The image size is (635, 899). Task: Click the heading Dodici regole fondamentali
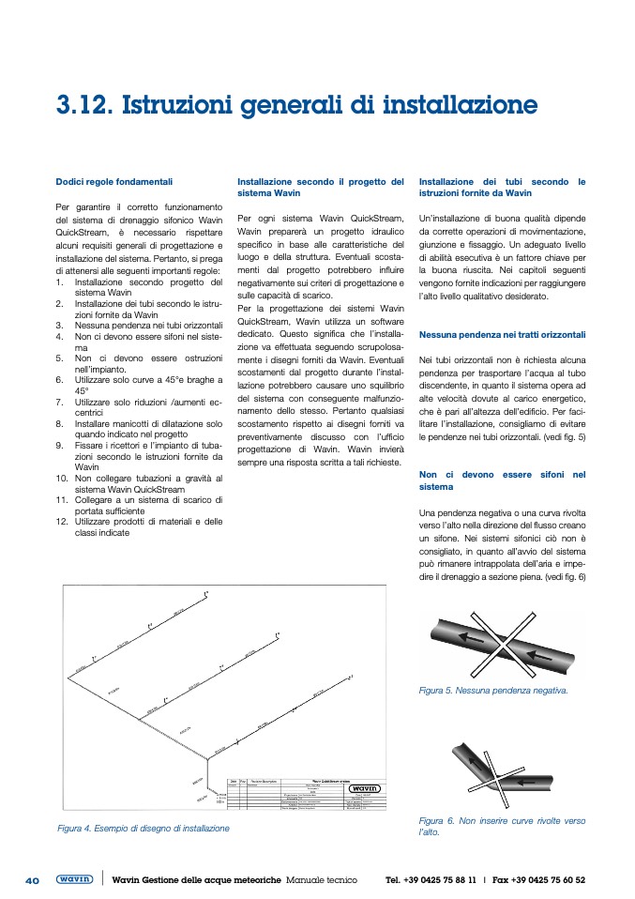pos(113,181)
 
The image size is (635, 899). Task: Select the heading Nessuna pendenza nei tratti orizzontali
pos(502,334)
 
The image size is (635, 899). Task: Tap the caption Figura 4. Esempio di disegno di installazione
pos(143,829)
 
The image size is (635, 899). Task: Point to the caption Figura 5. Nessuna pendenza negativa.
pos(493,692)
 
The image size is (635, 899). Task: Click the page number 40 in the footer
pos(32,880)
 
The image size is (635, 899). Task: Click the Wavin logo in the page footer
pos(74,880)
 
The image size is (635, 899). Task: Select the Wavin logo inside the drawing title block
pos(363,789)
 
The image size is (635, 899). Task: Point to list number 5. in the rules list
pos(59,358)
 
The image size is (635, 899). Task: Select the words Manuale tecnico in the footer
pos(322,880)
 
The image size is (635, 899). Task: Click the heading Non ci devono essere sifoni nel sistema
pos(502,480)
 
